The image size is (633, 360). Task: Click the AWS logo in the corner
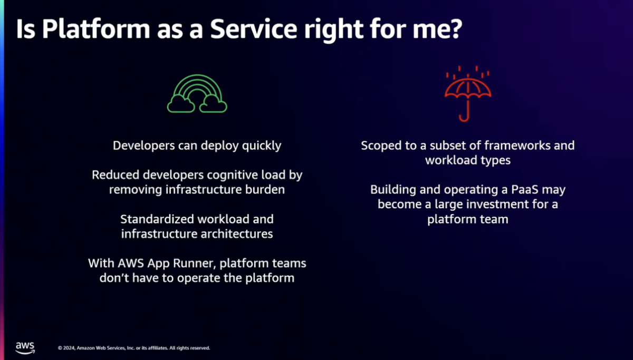tap(25, 348)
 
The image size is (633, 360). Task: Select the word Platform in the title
tap(96, 29)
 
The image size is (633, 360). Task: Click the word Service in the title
tap(254, 29)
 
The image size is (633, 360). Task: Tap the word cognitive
tap(222, 176)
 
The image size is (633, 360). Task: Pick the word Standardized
tap(157, 219)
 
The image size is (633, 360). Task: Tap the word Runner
tap(195, 264)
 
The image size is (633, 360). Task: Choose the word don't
tap(114, 278)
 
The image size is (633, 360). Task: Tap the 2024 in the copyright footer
tap(69, 348)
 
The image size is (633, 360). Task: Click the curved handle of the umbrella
tap(464, 113)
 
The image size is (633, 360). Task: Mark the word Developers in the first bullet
tap(143, 146)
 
